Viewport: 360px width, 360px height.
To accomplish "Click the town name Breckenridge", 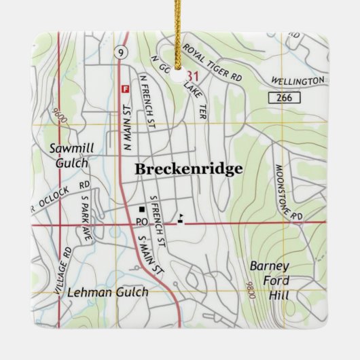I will pos(188,170).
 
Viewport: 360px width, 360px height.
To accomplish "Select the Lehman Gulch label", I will pos(108,292).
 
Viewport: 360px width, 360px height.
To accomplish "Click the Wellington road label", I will pos(298,82).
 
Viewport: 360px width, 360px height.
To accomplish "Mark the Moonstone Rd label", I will pos(287,194).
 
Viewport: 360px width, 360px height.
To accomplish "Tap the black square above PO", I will pos(142,209).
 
